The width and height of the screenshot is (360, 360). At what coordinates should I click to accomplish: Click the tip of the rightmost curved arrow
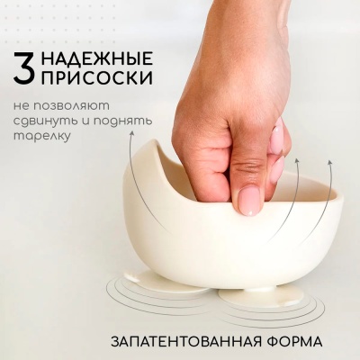(329, 164)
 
